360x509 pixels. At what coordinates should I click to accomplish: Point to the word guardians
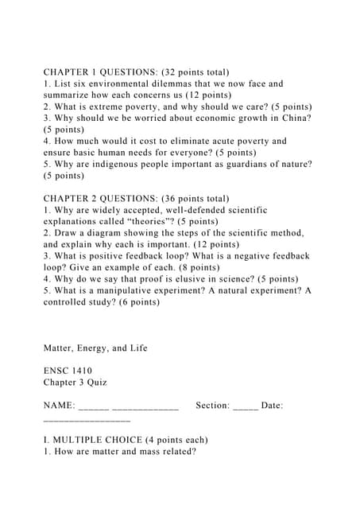click(244, 164)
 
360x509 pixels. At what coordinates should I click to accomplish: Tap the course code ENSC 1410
click(68, 371)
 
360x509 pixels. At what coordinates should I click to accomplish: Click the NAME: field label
click(60, 406)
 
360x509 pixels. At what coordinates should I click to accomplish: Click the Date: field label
click(272, 406)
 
